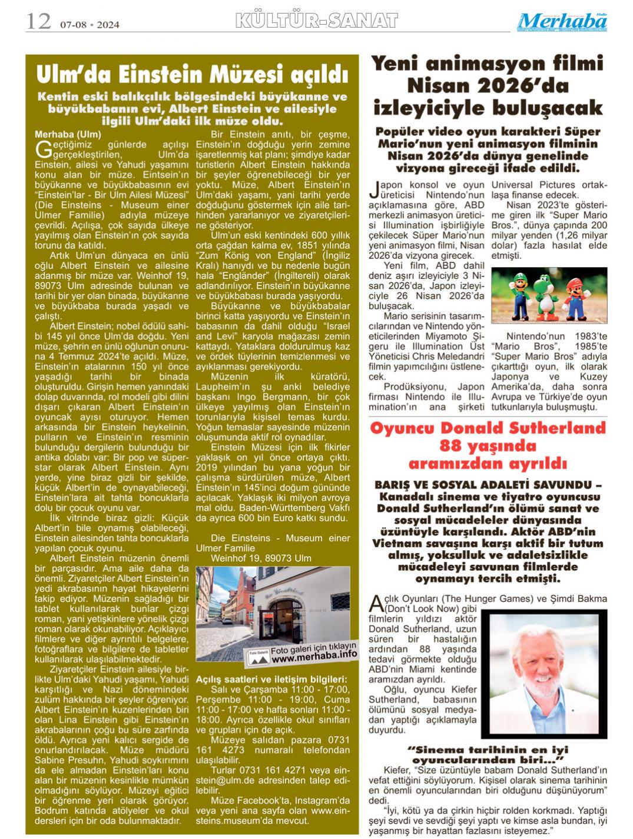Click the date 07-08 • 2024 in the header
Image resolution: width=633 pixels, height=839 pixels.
pos(90,25)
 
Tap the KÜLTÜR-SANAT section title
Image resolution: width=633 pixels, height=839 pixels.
pos(316,21)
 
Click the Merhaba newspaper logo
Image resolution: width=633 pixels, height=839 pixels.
pos(562,22)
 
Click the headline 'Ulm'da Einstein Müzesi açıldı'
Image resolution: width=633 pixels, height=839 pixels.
pos(192,75)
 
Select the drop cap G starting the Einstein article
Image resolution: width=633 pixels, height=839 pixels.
pos(42,148)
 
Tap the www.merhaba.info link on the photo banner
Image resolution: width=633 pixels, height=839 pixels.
pos(314,654)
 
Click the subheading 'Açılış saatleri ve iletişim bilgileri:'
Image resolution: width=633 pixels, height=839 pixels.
pos(271,680)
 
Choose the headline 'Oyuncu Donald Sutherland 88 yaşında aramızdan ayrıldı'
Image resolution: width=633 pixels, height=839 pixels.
pos(488,445)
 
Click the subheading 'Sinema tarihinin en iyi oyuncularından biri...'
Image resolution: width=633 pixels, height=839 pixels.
pos(487,755)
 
